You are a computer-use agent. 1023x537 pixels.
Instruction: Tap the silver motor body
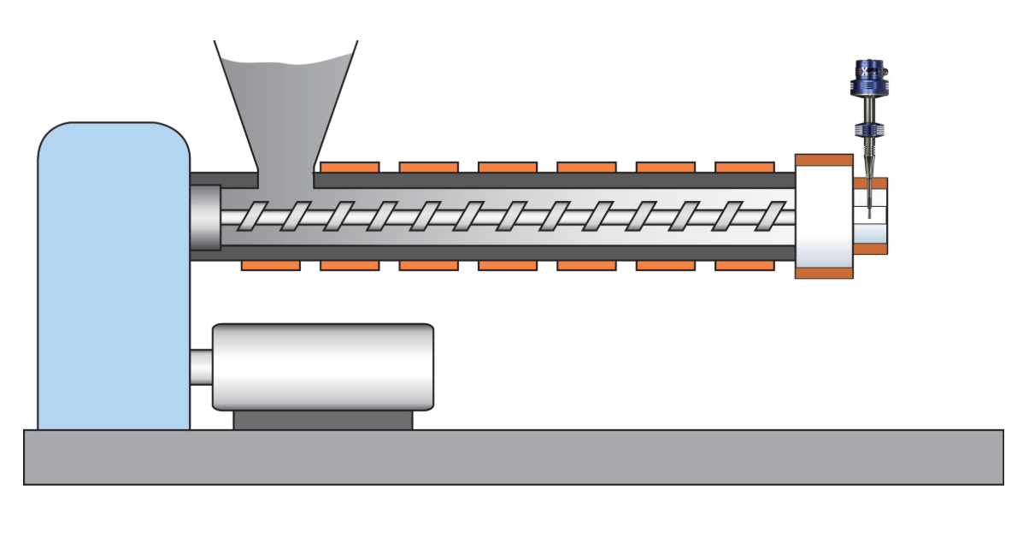pyautogui.click(x=322, y=366)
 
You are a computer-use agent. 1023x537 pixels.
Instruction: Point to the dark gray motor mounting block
pyautogui.click(x=322, y=420)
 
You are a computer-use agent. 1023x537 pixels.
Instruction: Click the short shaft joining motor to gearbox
pyautogui.click(x=201, y=367)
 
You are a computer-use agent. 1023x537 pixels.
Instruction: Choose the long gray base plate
pyautogui.click(x=513, y=457)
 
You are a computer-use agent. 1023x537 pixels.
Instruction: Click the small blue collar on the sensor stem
pyautogui.click(x=868, y=131)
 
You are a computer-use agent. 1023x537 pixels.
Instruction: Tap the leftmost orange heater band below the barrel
pyautogui.click(x=270, y=265)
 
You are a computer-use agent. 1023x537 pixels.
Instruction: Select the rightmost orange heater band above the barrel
pyautogui.click(x=744, y=167)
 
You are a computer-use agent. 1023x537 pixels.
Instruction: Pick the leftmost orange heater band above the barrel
pyautogui.click(x=350, y=167)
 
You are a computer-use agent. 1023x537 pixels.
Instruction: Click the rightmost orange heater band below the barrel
pyautogui.click(x=744, y=265)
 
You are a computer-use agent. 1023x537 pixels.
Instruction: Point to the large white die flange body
pyautogui.click(x=824, y=216)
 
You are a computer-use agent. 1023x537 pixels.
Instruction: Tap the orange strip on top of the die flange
pyautogui.click(x=824, y=160)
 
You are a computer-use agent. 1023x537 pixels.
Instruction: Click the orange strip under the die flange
pyautogui.click(x=824, y=273)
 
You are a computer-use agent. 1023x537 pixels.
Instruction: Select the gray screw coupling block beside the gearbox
pyautogui.click(x=205, y=217)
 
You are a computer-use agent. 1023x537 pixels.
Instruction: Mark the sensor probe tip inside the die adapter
pyautogui.click(x=869, y=209)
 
